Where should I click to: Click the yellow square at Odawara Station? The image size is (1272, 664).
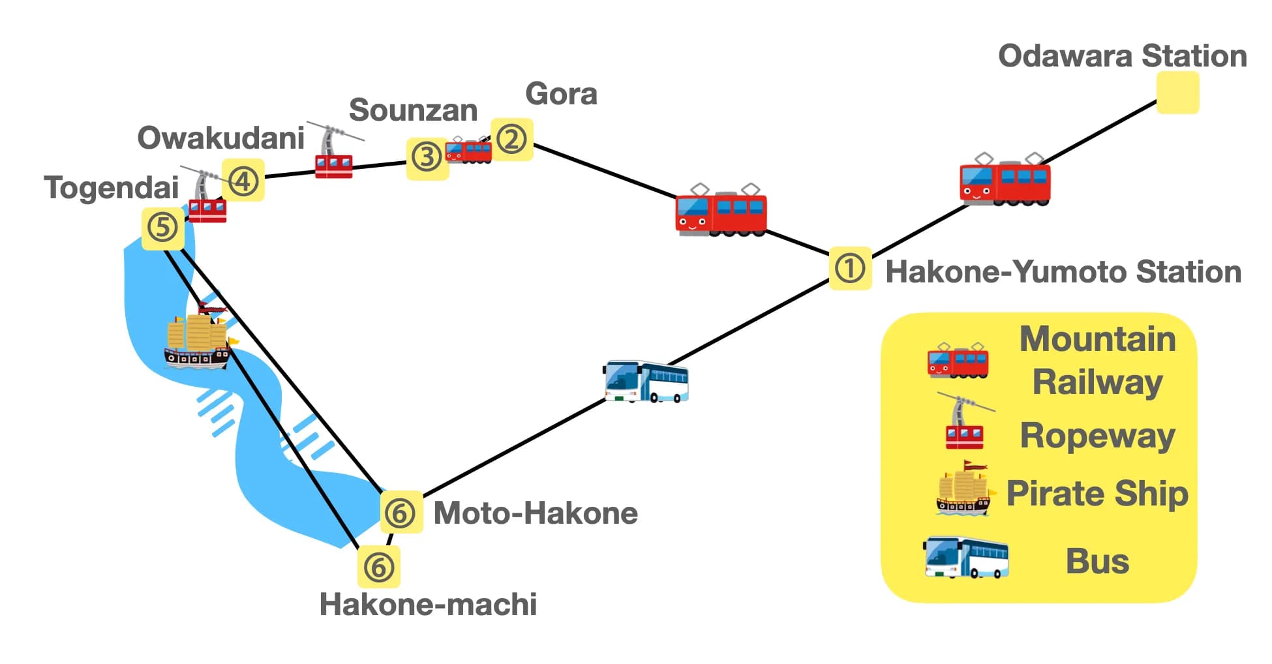coord(1177,93)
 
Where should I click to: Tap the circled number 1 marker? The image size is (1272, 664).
coord(850,268)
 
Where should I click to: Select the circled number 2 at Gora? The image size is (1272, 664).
coord(511,139)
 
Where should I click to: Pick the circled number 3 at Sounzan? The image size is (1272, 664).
coord(427,158)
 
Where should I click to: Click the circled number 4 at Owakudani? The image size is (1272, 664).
coord(243,180)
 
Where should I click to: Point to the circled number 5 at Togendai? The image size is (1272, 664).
coord(162,228)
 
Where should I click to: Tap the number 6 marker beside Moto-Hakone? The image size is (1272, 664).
coord(401,513)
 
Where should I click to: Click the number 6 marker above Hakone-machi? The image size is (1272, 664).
coord(378,567)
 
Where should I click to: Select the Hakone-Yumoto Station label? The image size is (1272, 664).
coord(1063,271)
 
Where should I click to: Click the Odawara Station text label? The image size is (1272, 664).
coord(1122,55)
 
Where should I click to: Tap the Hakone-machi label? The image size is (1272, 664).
coord(428,604)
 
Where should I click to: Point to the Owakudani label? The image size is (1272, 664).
coord(220,138)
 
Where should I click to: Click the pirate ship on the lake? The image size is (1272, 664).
coord(198,339)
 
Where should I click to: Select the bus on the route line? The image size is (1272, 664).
coord(646,382)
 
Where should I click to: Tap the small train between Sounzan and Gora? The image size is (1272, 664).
coord(468,151)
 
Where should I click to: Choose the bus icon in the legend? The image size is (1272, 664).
coord(966,558)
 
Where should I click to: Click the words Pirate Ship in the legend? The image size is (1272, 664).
coord(1097,494)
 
